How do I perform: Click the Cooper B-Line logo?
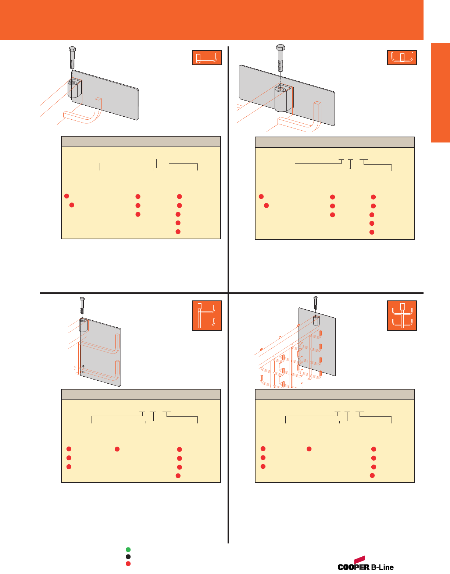(x=365, y=564)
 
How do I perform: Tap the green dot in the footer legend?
(x=128, y=550)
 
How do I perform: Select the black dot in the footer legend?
(x=128, y=557)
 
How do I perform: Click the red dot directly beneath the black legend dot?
(x=128, y=564)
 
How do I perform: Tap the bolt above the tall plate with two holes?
(x=82, y=304)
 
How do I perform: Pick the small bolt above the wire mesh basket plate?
(x=315, y=303)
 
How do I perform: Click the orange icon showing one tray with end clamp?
(x=207, y=58)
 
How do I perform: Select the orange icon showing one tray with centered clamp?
(x=402, y=58)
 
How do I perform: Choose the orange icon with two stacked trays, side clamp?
(x=207, y=316)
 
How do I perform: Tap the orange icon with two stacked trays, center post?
(x=402, y=316)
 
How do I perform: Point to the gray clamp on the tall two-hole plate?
(x=84, y=325)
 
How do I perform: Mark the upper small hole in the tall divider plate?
(x=84, y=366)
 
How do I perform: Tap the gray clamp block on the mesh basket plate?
(x=316, y=320)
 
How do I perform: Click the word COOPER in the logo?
(x=353, y=567)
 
